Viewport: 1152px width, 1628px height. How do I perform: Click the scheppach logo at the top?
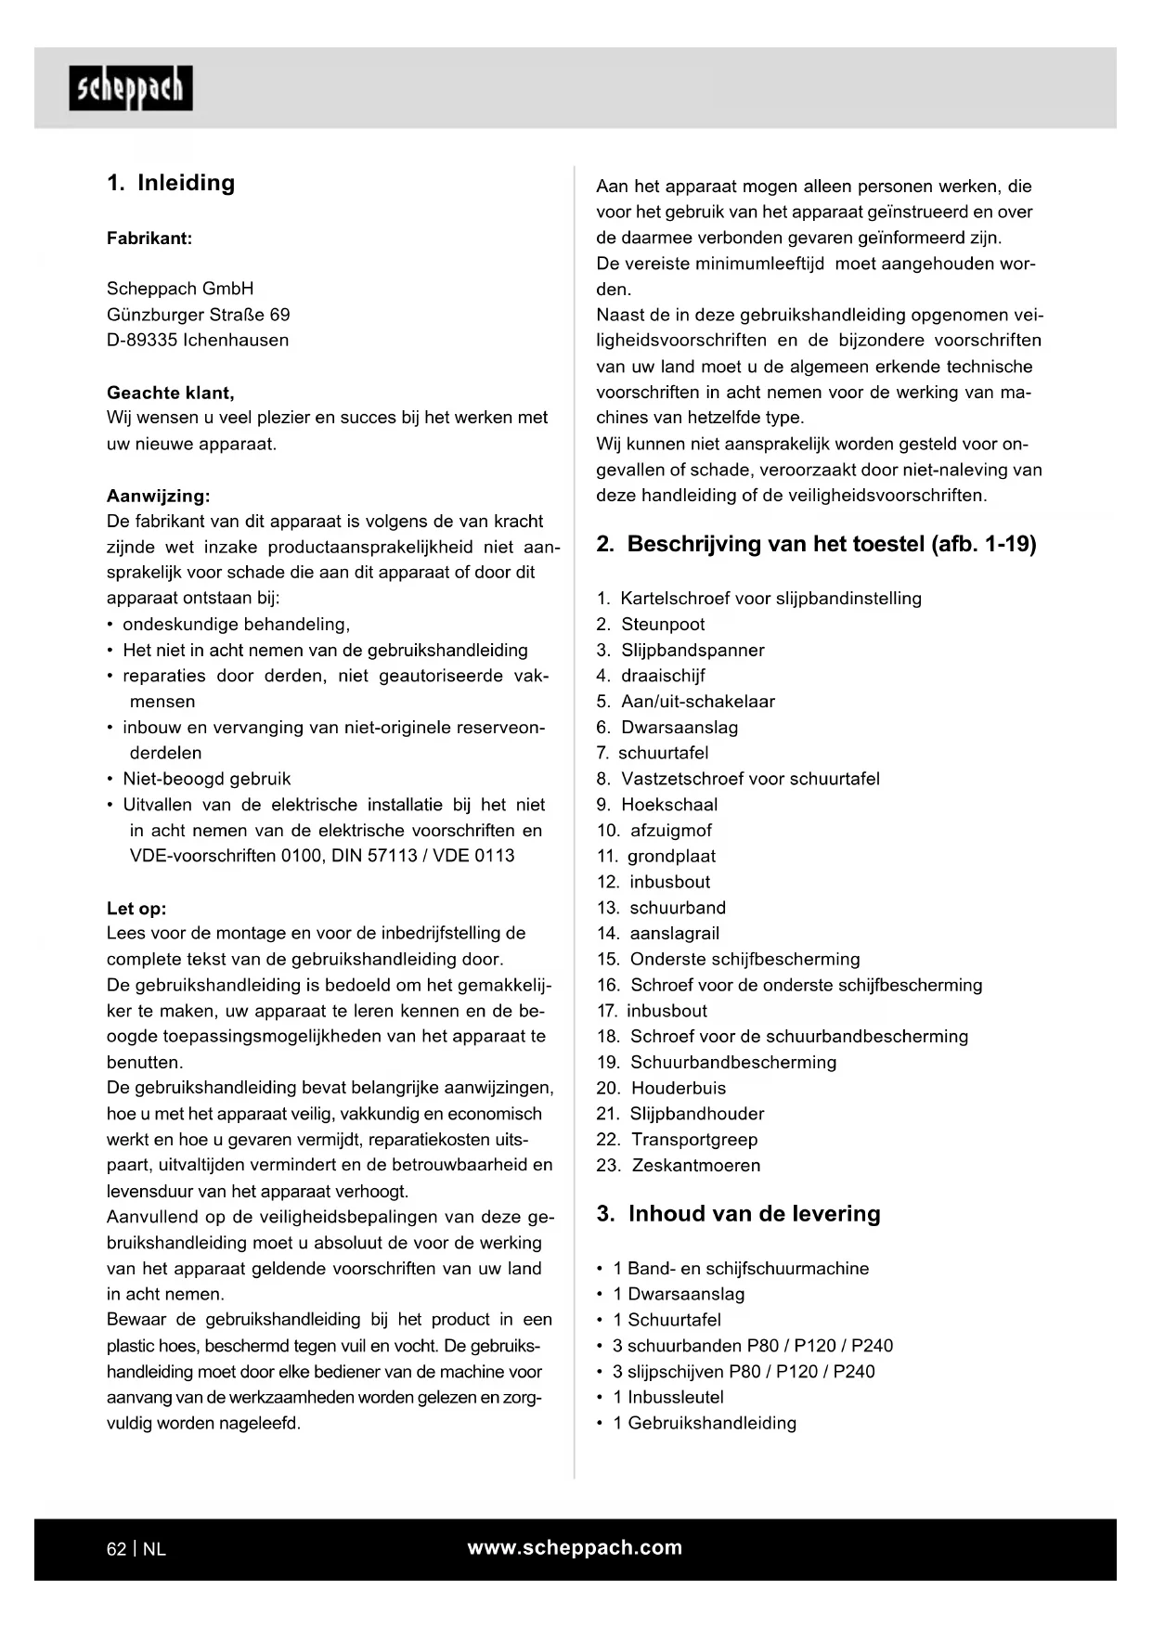[131, 88]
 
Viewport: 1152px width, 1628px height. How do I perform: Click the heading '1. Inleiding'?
[171, 183]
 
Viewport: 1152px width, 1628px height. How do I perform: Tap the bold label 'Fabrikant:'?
[149, 239]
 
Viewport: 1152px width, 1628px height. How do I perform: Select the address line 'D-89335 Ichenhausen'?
[198, 340]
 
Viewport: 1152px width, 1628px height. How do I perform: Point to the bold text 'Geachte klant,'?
[171, 393]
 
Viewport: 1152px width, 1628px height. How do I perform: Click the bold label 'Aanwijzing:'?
[159, 496]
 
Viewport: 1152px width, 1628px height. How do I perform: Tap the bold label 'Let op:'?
[136, 909]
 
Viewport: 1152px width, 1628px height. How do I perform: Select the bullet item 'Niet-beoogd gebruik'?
[206, 779]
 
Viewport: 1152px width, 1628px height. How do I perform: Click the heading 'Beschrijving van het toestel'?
[816, 544]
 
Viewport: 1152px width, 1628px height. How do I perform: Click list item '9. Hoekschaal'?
[657, 805]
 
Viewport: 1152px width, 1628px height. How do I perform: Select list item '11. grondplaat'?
[656, 856]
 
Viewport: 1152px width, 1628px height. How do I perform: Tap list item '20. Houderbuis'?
[661, 1088]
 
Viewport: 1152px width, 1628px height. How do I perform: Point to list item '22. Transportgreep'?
[677, 1140]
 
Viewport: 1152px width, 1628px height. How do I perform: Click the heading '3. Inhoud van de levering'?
[738, 1214]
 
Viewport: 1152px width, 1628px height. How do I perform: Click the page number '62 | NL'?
[136, 1549]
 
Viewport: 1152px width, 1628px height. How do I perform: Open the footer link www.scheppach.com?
[575, 1547]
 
